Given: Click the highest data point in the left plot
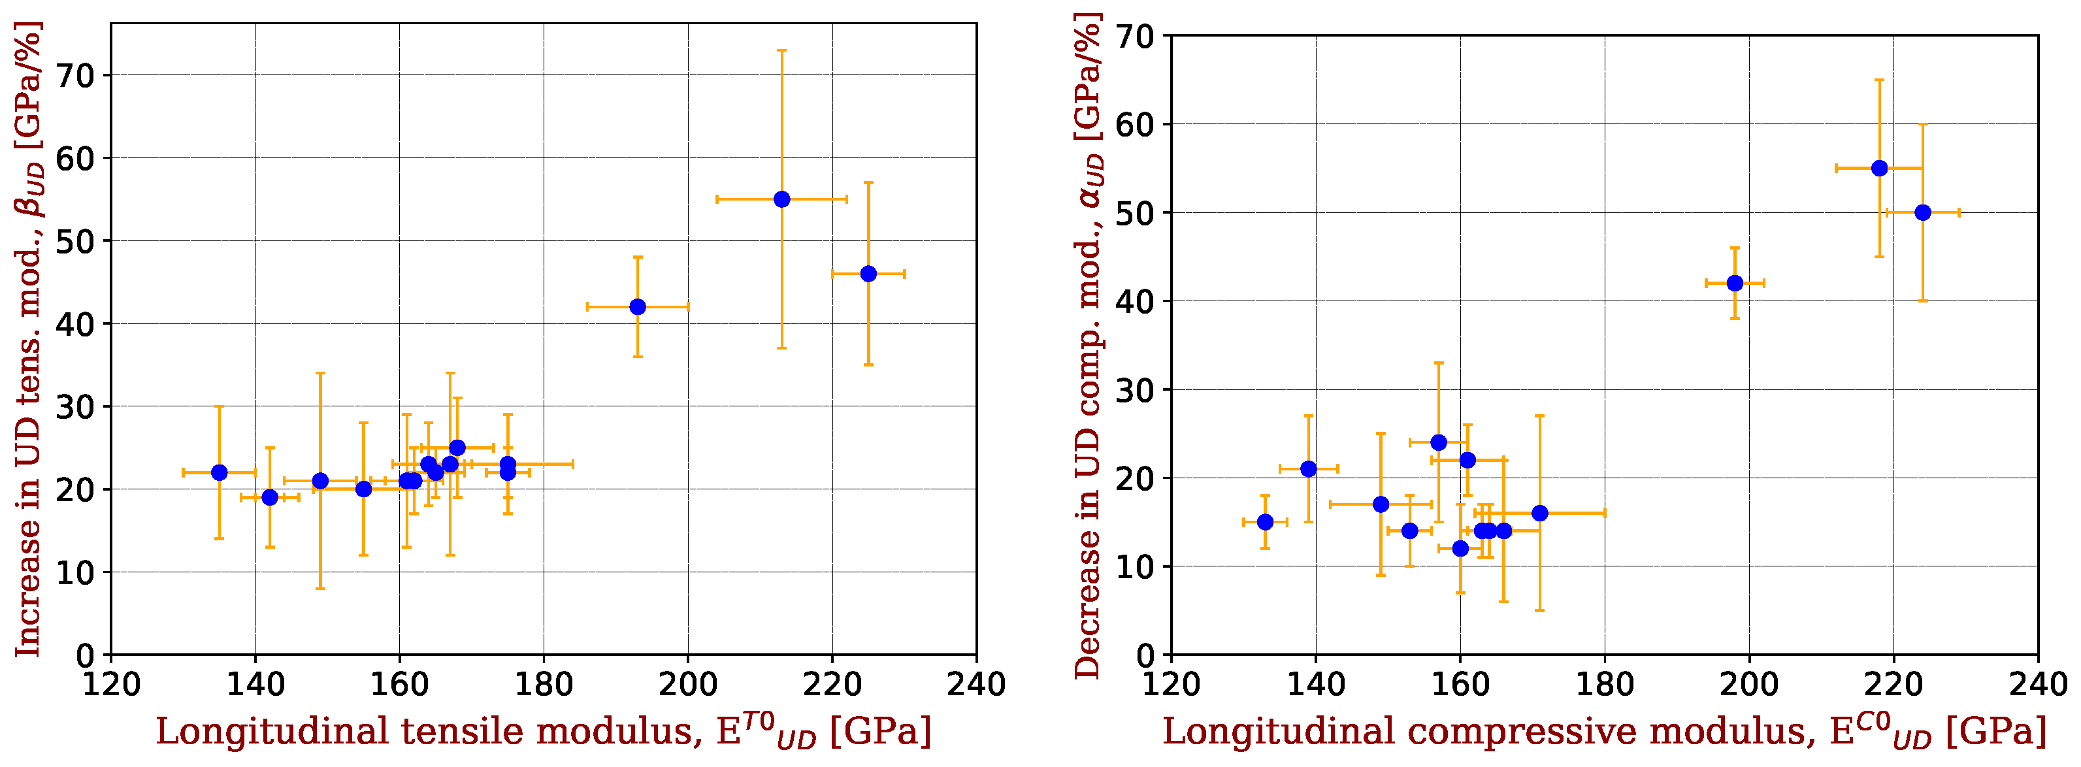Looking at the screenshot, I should [x=781, y=199].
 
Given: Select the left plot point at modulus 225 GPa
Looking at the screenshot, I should [x=868, y=274].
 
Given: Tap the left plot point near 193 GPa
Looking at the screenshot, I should [x=638, y=307].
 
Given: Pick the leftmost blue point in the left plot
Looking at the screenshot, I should [x=219, y=472].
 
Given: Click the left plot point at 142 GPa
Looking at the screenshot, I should [x=270, y=497].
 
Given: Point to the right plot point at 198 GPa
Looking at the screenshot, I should [x=1735, y=284].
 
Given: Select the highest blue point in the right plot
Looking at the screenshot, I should [x=1879, y=168].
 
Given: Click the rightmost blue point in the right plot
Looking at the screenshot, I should [x=1923, y=212].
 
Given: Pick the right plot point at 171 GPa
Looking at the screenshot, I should [x=1540, y=514].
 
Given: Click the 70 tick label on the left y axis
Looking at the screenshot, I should [x=75, y=76].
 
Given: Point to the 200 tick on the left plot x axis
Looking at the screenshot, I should [x=687, y=685].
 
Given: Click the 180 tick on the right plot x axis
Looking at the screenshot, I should [x=1605, y=685].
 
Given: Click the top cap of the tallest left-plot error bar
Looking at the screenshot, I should [x=781, y=50].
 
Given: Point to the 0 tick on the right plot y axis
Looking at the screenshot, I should [x=1145, y=655].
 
